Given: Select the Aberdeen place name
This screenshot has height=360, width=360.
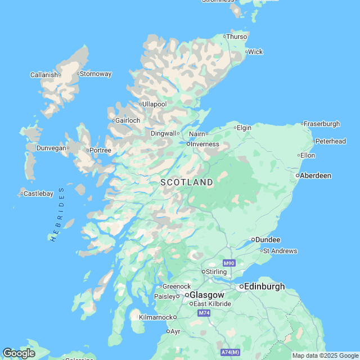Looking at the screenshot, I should pyautogui.click(x=315, y=175).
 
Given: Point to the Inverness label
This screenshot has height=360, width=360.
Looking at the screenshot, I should pyautogui.click(x=205, y=144).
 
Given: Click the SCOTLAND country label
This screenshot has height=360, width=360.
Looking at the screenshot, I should pyautogui.click(x=187, y=182).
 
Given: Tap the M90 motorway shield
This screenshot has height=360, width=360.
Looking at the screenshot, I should pyautogui.click(x=228, y=263).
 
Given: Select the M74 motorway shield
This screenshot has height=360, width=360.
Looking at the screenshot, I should pyautogui.click(x=204, y=313).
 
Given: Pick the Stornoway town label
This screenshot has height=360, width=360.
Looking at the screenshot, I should pyautogui.click(x=96, y=74).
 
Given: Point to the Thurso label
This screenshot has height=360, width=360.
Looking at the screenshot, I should pyautogui.click(x=237, y=37).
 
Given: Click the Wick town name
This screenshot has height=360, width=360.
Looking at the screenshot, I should pyautogui.click(x=255, y=52).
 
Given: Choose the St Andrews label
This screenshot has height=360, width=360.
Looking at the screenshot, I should pyautogui.click(x=280, y=251).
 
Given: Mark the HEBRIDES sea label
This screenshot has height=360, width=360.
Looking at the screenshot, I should pyautogui.click(x=58, y=214).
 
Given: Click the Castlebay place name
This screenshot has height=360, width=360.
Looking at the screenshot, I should pyautogui.click(x=38, y=193).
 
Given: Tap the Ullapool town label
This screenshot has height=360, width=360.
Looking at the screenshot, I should pyautogui.click(x=155, y=104).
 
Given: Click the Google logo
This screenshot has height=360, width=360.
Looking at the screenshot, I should pyautogui.click(x=19, y=353).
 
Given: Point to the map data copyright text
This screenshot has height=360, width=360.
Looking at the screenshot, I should pyautogui.click(x=325, y=355).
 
